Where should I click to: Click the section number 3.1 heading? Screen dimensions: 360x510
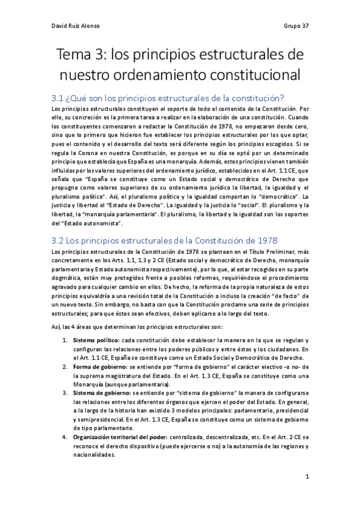(59, 98)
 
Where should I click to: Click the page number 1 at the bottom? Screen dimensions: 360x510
(307, 477)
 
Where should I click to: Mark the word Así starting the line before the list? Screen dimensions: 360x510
(56, 327)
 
